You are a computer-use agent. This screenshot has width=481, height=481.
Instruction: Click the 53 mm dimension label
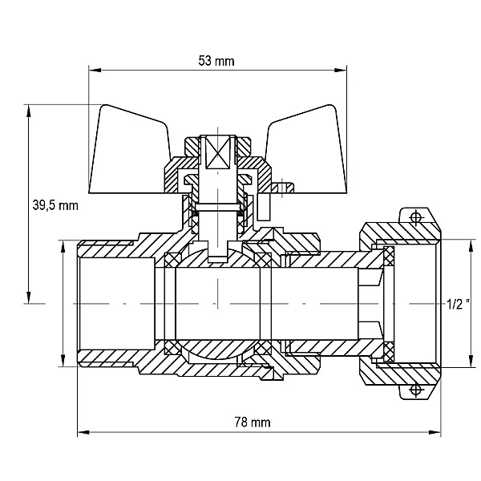[216, 61]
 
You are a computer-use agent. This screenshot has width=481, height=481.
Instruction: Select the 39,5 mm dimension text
[55, 205]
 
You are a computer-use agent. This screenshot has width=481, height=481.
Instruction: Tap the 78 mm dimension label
[253, 422]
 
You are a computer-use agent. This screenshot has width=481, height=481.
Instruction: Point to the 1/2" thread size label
[458, 304]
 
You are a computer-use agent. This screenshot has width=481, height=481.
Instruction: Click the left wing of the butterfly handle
[129, 151]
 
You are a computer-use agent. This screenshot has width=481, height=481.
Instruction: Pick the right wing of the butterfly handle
[307, 151]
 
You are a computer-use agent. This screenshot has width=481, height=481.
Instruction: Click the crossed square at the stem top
[217, 152]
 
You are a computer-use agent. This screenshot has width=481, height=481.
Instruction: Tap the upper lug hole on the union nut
[415, 217]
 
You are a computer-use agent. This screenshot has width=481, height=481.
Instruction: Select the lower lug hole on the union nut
[415, 390]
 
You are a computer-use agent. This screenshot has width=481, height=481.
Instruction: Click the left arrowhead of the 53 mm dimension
[95, 71]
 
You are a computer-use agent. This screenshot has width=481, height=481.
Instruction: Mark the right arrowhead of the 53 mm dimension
[341, 71]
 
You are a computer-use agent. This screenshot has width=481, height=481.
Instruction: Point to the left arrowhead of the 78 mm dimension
[83, 432]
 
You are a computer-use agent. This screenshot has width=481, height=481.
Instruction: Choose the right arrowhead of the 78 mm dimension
[435, 432]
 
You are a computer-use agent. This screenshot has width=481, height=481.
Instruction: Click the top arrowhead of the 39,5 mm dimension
[29, 111]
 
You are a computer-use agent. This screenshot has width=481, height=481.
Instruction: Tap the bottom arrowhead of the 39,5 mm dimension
[29, 297]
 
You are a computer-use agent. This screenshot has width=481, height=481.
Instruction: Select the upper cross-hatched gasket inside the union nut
[389, 256]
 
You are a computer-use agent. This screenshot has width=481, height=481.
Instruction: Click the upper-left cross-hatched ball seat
[172, 260]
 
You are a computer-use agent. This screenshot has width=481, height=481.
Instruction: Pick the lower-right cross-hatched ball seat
[263, 348]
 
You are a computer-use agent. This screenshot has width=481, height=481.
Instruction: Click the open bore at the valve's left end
[116, 304]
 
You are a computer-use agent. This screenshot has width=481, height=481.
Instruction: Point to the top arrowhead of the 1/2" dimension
[469, 245]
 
